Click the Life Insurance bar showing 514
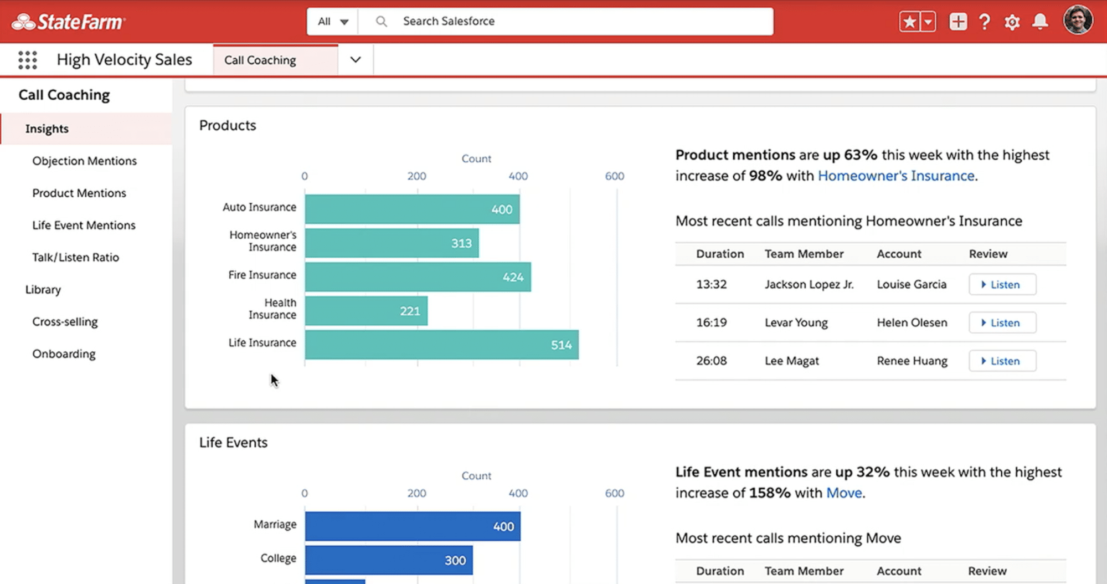pyautogui.click(x=441, y=345)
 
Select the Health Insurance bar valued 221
pyautogui.click(x=365, y=311)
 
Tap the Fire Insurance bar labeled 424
pyautogui.click(x=418, y=277)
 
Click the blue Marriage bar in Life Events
pyautogui.click(x=412, y=526)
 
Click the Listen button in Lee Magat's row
pyautogui.click(x=1002, y=361)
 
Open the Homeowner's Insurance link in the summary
pyautogui.click(x=895, y=176)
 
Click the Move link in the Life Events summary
pyautogui.click(x=843, y=493)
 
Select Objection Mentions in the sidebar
pyautogui.click(x=84, y=161)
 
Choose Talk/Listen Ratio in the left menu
pyautogui.click(x=75, y=257)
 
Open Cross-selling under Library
pyautogui.click(x=65, y=321)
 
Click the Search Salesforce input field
pyautogui.click(x=581, y=21)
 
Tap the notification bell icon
pyautogui.click(x=1040, y=22)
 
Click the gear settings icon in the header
pyautogui.click(x=1012, y=22)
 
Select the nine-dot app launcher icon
pyautogui.click(x=28, y=60)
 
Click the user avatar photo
pyautogui.click(x=1077, y=21)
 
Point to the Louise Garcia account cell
pyautogui.click(x=912, y=284)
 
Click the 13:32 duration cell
pyautogui.click(x=711, y=284)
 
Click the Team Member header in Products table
pyautogui.click(x=804, y=254)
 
